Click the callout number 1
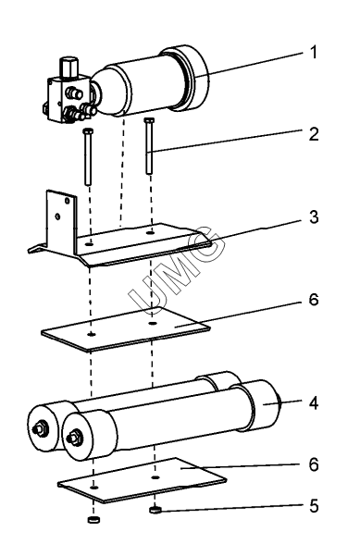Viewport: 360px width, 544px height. [314, 53]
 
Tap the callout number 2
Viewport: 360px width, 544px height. [314, 134]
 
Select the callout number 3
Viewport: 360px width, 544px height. [314, 216]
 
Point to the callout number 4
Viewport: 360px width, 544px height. [314, 403]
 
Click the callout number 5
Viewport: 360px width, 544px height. [314, 506]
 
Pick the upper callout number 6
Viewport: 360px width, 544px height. [314, 299]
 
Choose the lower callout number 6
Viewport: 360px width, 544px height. [314, 464]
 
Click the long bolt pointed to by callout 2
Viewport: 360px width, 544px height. [149, 146]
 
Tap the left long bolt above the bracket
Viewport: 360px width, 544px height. [88, 157]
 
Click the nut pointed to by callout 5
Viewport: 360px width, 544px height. [155, 510]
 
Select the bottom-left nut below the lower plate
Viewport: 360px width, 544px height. [93, 519]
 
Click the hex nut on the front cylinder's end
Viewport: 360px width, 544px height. [74, 438]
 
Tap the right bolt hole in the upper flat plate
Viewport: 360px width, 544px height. [152, 324]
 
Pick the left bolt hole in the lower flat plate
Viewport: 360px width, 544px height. [93, 488]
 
